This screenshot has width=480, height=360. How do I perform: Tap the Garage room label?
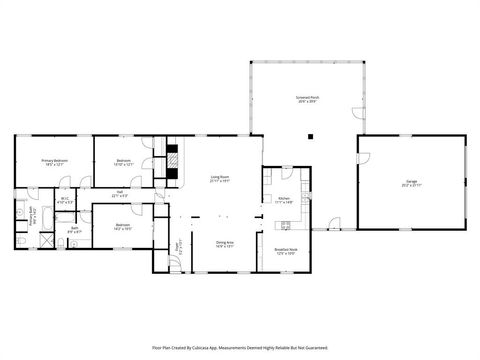tap(411, 181)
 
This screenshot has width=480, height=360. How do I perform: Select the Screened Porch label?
tap(307, 99)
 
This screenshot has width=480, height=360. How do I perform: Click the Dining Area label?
tap(225, 243)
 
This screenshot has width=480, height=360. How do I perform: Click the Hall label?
tap(119, 194)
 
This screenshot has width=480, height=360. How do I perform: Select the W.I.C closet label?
tap(64, 199)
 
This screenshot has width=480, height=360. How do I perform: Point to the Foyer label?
tap(179, 246)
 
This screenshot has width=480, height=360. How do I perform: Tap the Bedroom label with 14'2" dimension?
tap(122, 226)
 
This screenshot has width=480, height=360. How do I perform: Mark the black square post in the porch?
tap(312, 134)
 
